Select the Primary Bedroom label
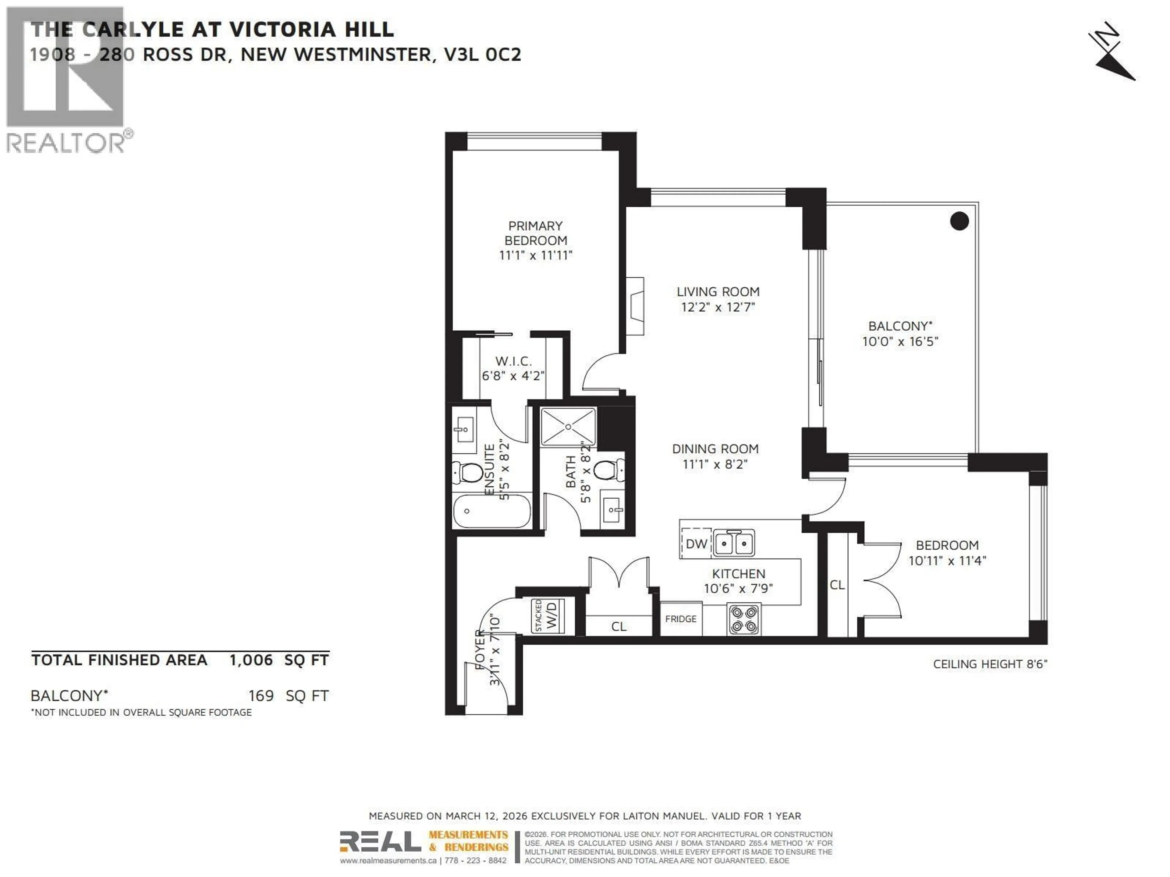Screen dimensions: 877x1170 click(535, 233)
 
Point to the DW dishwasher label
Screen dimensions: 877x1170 click(696, 544)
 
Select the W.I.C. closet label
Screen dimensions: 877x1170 click(513, 361)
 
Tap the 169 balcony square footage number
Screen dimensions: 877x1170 click(261, 696)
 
